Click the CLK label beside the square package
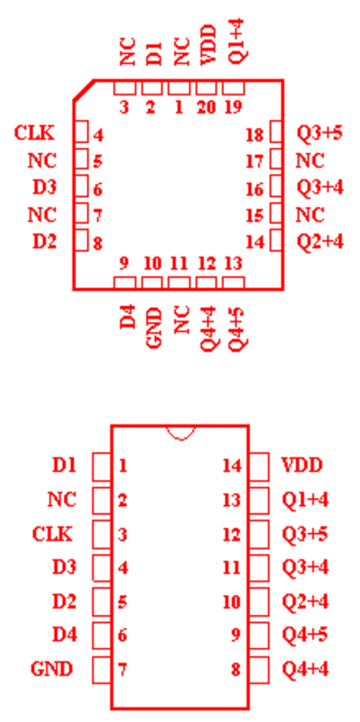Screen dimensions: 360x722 click(x=34, y=133)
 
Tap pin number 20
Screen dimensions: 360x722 click(x=206, y=107)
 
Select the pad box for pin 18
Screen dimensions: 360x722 click(x=275, y=132)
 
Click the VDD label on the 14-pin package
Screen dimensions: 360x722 click(x=301, y=465)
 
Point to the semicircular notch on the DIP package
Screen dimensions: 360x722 click(x=181, y=437)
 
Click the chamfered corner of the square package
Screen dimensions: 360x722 click(x=84, y=90)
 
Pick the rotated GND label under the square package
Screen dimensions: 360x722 click(x=155, y=328)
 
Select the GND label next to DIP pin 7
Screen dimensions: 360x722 click(x=52, y=669)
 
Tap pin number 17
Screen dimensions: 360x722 click(x=255, y=162)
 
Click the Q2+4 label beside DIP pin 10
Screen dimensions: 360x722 click(x=305, y=601)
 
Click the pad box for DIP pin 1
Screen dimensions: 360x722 click(x=102, y=466)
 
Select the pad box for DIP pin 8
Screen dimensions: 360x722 click(x=259, y=669)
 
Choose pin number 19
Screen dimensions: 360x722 click(x=233, y=107)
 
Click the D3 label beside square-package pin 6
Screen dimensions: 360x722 click(x=44, y=187)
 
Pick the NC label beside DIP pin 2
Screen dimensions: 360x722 click(x=61, y=499)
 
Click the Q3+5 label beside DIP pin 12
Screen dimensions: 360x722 click(x=305, y=533)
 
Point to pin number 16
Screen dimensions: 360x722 click(x=255, y=189)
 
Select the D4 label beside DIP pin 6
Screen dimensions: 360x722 click(x=65, y=635)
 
